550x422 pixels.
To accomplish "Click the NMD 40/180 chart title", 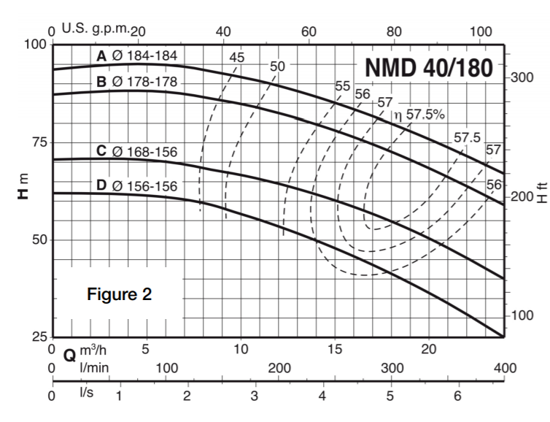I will click(x=430, y=66).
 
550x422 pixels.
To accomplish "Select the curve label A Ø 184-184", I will click(x=137, y=55).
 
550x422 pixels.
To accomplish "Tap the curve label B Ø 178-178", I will click(x=137, y=81).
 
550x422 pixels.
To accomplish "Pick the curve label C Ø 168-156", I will click(x=137, y=152).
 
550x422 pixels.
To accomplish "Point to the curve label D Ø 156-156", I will click(x=137, y=185).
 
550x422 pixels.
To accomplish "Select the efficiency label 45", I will click(x=237, y=58).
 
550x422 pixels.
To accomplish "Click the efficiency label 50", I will click(x=277, y=66).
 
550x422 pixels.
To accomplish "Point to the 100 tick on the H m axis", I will click(x=35, y=45).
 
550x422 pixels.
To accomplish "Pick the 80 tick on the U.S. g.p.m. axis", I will click(x=394, y=31).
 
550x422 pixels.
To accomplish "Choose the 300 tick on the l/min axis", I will click(x=392, y=367).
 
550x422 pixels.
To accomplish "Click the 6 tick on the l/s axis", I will click(x=457, y=396).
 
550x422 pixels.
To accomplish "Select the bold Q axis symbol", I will click(x=70, y=356).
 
